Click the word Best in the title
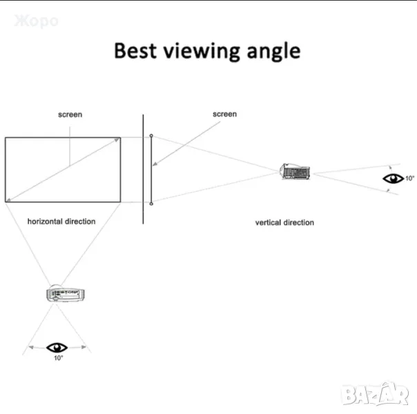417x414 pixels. (x=135, y=50)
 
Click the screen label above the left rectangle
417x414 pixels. (x=70, y=115)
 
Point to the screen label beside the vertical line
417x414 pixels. (x=224, y=115)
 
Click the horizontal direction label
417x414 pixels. (x=61, y=221)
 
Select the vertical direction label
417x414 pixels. (x=284, y=223)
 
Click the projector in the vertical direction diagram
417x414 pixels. (x=295, y=170)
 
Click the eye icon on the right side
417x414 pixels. (x=394, y=178)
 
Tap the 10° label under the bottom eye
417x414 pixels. (x=58, y=358)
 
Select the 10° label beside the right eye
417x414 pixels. (x=410, y=178)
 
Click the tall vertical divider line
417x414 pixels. (x=143, y=169)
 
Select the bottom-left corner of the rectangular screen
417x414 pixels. (x=6, y=201)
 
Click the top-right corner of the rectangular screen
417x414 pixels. (x=121, y=138)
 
